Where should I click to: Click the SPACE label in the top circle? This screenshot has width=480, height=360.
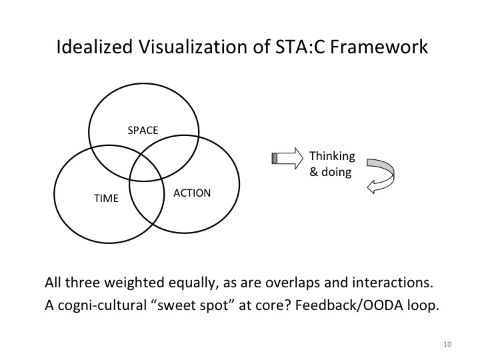coord(143,130)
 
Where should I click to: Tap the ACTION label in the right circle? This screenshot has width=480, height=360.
coord(192,193)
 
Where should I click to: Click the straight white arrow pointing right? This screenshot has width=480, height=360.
coord(286,158)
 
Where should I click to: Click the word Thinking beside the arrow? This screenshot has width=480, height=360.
coord(332,157)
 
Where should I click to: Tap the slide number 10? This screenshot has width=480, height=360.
coord(446,344)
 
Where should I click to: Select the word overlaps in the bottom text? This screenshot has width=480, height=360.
coord(282,282)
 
